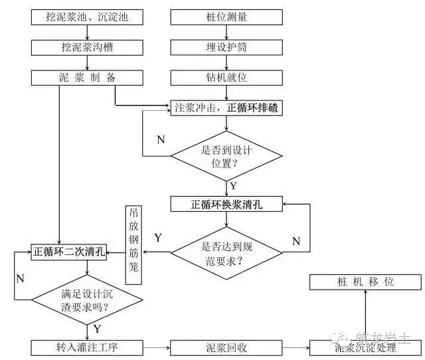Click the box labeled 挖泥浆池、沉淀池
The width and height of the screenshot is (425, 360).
[87, 17]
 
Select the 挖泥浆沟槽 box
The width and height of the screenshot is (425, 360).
[87, 47]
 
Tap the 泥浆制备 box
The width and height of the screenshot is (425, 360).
[87, 78]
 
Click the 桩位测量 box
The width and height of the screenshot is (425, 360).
[226, 17]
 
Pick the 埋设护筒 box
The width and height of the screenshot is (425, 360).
[226, 47]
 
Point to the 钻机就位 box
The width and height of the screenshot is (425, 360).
[226, 78]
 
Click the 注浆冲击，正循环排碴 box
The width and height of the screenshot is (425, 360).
[226, 108]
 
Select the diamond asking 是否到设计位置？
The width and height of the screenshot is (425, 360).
[226, 156]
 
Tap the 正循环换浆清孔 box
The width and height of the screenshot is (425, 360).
[226, 204]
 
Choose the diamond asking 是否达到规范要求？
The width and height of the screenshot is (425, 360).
[226, 252]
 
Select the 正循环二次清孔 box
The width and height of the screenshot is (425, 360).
[69, 252]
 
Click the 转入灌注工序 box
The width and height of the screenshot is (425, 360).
[87, 347]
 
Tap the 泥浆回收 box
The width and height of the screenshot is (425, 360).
[226, 347]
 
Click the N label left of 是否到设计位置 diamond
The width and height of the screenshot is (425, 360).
[161, 139]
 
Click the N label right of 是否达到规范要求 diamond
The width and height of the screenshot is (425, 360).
[296, 240]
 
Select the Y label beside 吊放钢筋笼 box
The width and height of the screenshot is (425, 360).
[157, 237]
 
